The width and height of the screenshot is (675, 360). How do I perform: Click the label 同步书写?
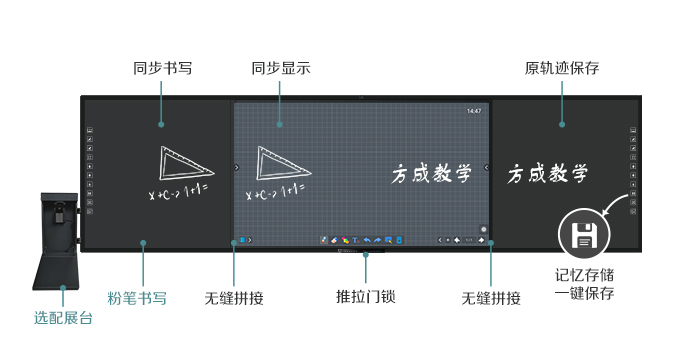click(162, 69)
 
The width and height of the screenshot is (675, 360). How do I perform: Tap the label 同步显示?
click(280, 69)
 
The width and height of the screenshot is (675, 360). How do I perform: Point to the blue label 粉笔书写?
click(137, 297)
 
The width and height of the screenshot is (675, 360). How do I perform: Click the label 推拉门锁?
click(365, 297)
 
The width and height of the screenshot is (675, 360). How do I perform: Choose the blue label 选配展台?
click(63, 319)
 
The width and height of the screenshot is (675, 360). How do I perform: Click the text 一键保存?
click(584, 293)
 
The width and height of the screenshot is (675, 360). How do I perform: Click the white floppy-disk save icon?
click(584, 235)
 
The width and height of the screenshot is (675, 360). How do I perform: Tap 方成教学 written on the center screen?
click(430, 174)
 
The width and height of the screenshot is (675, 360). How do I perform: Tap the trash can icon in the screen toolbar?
click(399, 240)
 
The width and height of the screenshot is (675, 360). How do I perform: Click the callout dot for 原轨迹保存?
click(562, 125)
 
